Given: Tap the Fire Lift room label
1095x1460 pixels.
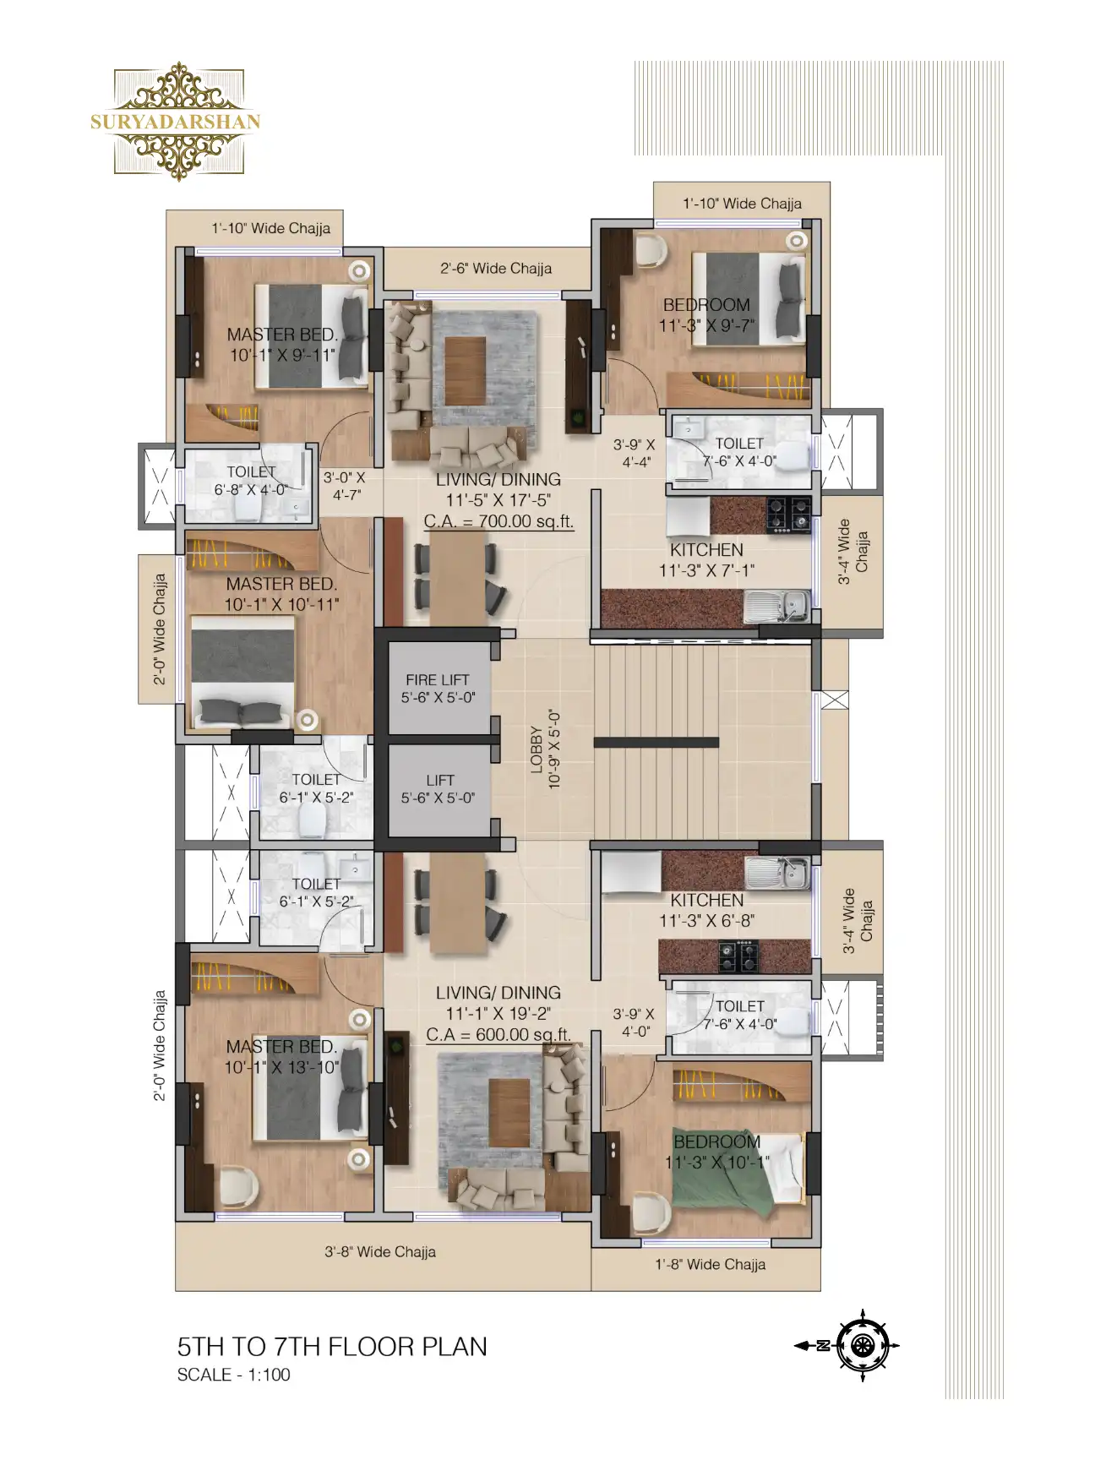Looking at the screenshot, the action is [438, 689].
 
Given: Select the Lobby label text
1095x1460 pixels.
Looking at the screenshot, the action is [545, 749].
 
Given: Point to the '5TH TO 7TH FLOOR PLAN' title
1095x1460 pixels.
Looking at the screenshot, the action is [332, 1347].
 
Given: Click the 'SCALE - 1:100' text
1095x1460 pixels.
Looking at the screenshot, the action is [233, 1375].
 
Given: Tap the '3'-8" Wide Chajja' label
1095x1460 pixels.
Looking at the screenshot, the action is [380, 1251].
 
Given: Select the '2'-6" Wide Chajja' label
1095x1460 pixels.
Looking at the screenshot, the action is [496, 268].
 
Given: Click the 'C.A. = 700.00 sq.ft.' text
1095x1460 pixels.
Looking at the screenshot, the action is [498, 521].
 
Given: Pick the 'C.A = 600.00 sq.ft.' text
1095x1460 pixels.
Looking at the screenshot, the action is [498, 1035].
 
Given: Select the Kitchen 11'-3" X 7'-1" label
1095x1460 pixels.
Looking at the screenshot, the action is [707, 560].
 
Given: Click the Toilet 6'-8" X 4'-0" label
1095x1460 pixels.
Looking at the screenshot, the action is [251, 481].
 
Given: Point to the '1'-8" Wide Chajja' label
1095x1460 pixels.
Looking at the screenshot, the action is [711, 1264].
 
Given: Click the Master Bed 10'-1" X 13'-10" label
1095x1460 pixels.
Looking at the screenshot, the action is [281, 1057].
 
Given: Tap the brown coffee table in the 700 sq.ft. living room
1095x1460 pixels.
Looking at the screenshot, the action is [465, 370].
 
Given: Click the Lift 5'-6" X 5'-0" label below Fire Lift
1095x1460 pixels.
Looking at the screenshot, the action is [439, 789].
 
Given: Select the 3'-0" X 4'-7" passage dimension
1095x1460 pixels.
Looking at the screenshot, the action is [345, 486].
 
